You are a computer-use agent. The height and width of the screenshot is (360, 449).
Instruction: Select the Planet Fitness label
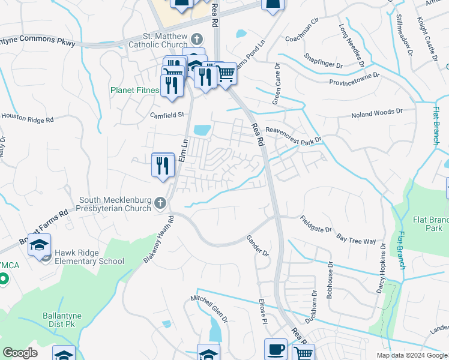(134, 91)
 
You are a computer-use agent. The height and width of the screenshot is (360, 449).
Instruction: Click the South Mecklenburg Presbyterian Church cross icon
(160, 203)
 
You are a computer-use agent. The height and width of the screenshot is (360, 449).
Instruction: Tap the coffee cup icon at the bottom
(276, 350)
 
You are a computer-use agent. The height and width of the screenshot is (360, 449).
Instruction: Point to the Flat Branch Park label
(427, 224)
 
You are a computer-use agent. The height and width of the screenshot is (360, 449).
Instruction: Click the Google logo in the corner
(20, 353)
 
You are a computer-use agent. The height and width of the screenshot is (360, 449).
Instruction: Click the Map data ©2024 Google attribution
(411, 355)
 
